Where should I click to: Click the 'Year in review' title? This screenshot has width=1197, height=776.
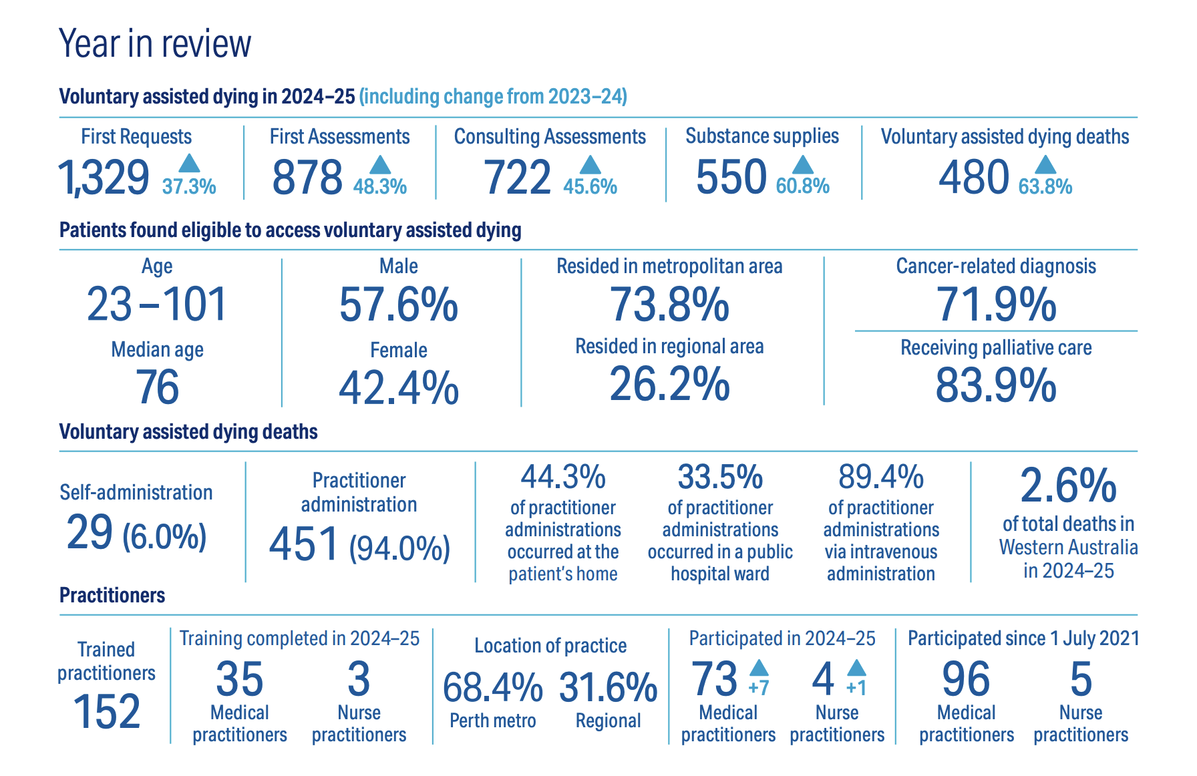155,44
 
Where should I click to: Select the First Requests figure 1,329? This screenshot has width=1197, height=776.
104,178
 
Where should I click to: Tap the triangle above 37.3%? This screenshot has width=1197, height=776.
190,163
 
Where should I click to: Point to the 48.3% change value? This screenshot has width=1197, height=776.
380,186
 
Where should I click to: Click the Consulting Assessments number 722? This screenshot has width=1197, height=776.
517,178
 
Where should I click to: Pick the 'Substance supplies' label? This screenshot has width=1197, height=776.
762,136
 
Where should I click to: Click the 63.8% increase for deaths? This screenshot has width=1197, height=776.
1045,186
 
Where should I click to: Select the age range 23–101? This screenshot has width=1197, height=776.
157,305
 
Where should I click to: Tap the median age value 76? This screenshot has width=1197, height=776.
158,387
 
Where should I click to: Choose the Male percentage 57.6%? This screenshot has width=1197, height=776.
399,305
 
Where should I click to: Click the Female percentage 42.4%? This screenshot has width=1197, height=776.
399,388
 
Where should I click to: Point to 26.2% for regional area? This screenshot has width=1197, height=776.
669,385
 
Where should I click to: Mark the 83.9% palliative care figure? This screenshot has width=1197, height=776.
996,386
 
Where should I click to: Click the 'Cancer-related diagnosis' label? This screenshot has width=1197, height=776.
996,266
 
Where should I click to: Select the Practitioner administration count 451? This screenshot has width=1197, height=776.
305,544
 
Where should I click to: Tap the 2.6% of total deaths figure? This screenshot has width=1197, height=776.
1068,486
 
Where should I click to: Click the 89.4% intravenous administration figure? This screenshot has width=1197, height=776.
881,477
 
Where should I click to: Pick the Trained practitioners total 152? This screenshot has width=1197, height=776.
107,711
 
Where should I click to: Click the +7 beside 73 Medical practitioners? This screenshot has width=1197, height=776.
759,687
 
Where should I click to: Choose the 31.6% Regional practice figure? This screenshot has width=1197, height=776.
608,687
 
